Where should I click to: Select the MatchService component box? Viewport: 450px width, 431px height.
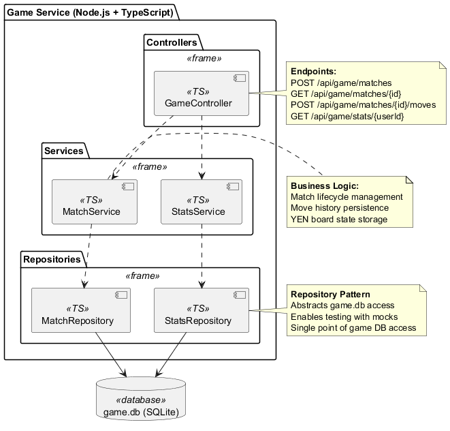click(95, 202)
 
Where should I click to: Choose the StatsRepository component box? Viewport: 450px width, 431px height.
click(202, 310)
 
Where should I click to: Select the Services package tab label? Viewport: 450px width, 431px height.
click(63, 151)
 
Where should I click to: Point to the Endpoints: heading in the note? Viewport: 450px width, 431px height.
click(313, 71)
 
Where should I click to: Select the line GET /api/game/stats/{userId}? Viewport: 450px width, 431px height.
click(347, 117)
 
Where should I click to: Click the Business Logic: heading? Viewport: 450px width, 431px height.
click(325, 185)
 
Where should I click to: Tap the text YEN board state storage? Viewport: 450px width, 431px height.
click(339, 219)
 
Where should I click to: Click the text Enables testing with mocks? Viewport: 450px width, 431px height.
click(344, 316)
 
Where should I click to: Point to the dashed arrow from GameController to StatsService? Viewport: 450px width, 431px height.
click(202, 147)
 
